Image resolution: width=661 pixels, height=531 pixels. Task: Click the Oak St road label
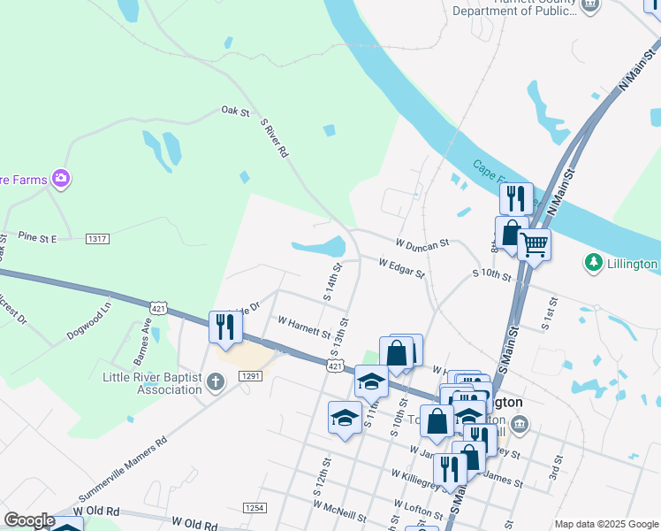[236, 112]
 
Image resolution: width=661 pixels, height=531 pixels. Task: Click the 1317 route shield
[97, 239]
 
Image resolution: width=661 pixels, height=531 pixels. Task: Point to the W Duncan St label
[422, 242]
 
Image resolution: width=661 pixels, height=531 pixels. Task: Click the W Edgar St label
[402, 268]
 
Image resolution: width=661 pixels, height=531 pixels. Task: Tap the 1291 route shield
[250, 377]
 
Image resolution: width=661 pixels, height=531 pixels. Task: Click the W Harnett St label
[303, 327]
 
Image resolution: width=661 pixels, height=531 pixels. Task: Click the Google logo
[29, 520]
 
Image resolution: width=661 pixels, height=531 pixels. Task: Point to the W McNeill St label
[339, 509]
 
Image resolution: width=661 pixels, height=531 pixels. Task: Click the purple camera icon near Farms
[61, 180]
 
